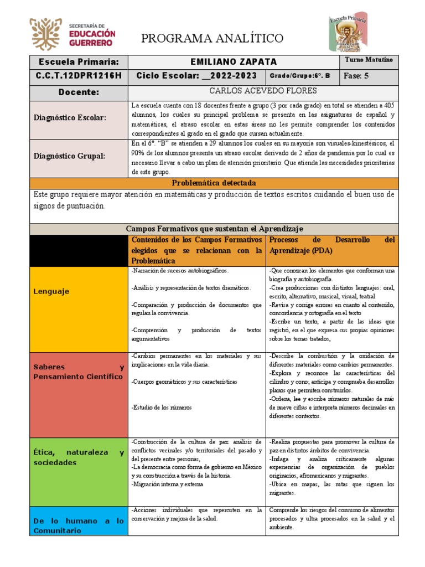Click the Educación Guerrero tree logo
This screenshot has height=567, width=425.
click(46, 34)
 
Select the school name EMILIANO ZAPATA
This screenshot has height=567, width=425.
click(233, 62)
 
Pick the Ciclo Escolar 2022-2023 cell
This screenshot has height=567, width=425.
click(198, 76)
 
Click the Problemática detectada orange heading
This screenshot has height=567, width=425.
click(213, 183)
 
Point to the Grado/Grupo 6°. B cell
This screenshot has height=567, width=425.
click(303, 76)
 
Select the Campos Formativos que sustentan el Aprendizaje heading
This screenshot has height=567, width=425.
click(213, 229)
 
